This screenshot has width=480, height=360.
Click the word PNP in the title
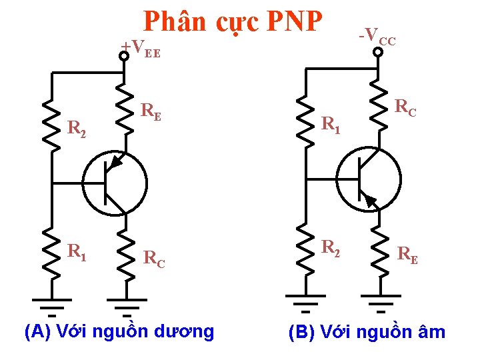[294, 22]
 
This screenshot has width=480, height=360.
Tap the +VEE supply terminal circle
[124, 56]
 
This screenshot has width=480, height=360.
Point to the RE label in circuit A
[152, 111]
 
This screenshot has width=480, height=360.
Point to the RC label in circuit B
[405, 107]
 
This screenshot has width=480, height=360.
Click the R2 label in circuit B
[331, 247]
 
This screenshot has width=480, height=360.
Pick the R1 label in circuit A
[77, 251]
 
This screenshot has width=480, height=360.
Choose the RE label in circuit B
[408, 253]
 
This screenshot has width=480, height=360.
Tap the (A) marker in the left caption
[37, 331]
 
